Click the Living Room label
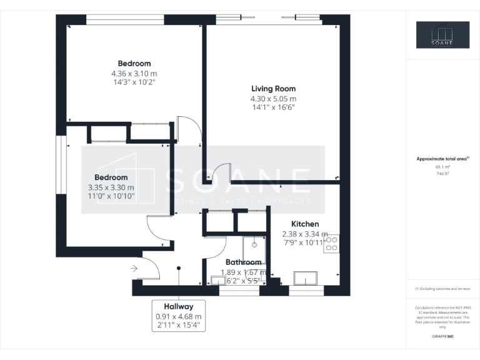click(x=273, y=89)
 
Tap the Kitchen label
click(x=305, y=224)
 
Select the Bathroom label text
click(x=244, y=262)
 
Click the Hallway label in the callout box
click(x=178, y=307)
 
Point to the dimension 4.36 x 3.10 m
click(x=134, y=72)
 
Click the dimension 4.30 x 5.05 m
click(x=273, y=99)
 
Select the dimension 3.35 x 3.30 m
click(x=111, y=187)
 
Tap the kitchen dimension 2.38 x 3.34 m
click(x=305, y=234)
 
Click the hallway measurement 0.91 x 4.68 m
click(x=178, y=317)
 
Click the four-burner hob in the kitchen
click(x=331, y=243)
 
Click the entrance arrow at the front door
click(x=134, y=269)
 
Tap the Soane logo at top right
click(x=443, y=35)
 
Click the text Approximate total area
click(x=442, y=159)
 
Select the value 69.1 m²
click(x=442, y=167)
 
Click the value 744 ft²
click(x=442, y=174)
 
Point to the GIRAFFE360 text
click(x=442, y=336)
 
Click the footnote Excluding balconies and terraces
click(x=442, y=289)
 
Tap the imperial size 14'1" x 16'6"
click(x=273, y=107)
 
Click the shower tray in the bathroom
click(x=254, y=247)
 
